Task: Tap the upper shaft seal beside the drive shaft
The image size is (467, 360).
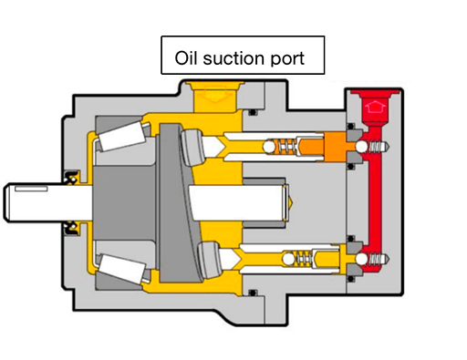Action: point(70,174)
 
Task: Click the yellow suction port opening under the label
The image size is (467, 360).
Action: point(212,90)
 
